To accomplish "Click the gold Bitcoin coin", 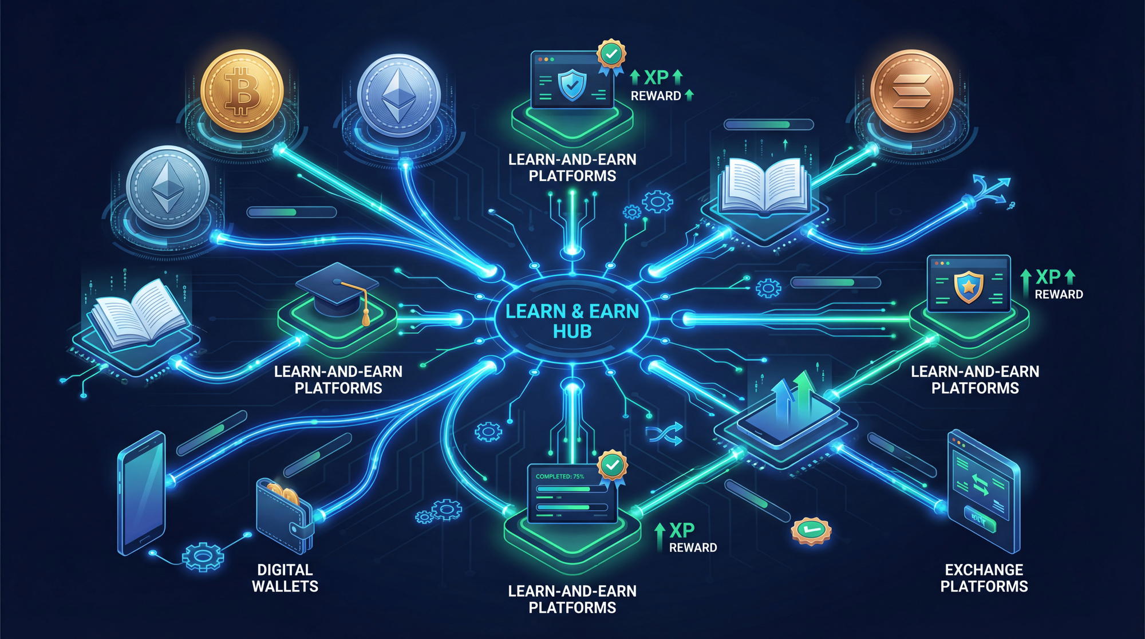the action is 242,91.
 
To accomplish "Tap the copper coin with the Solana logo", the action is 911,91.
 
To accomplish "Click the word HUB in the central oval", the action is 572,332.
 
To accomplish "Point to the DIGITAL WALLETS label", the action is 285,578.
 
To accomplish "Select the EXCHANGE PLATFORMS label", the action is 984,578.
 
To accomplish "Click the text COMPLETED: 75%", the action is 559,476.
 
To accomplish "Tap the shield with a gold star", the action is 968,286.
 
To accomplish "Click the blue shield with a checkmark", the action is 572,86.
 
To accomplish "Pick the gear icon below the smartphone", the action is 202,555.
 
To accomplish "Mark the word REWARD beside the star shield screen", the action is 1059,294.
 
